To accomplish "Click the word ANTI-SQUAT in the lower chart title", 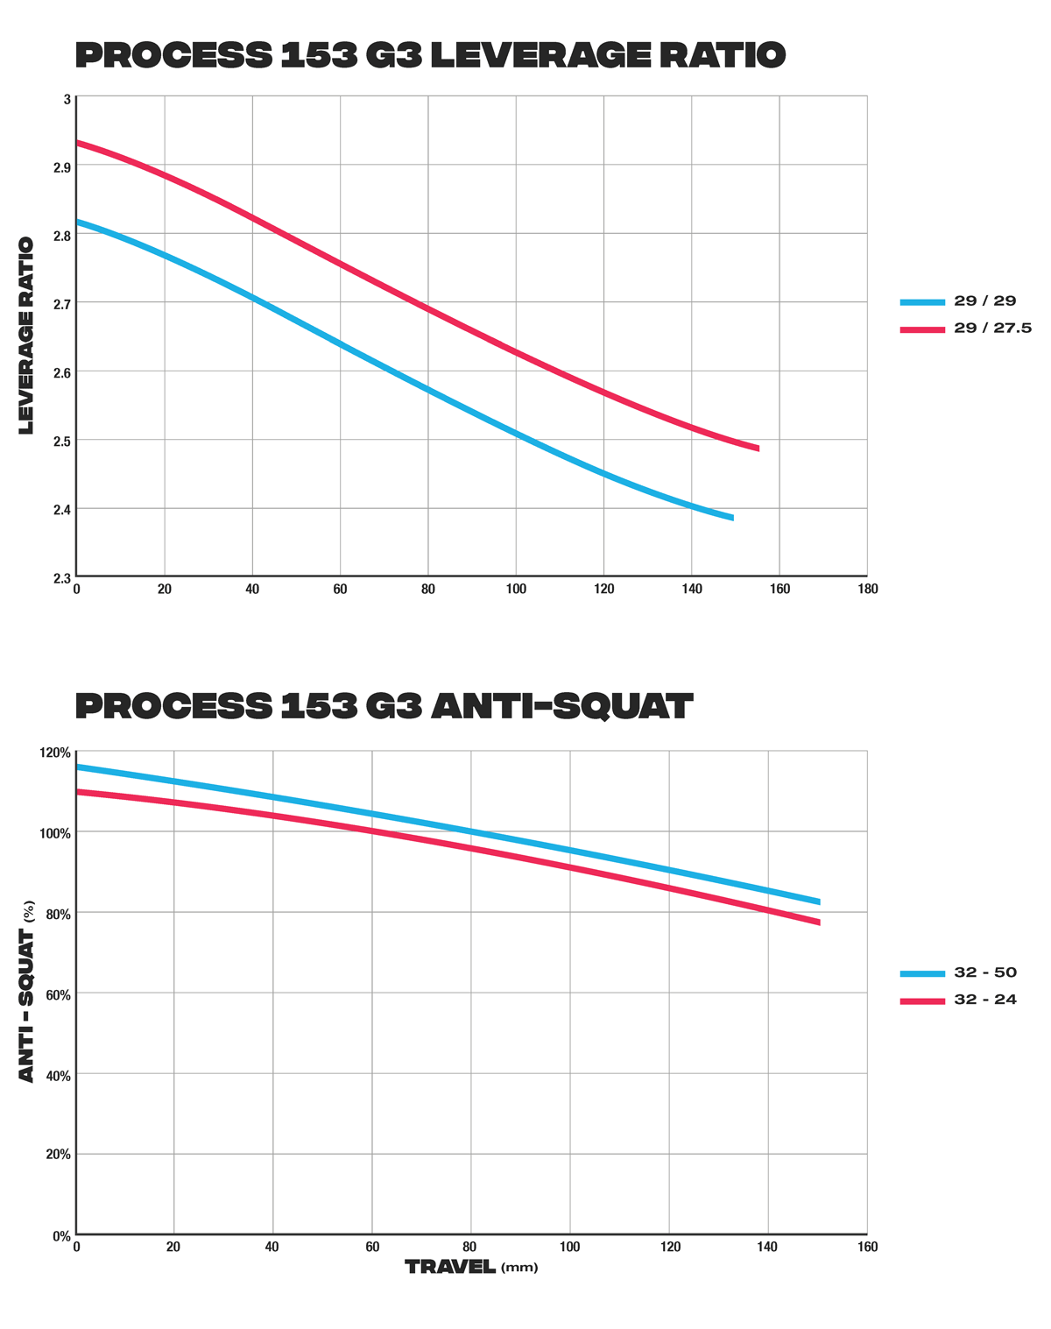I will pyautogui.click(x=561, y=706).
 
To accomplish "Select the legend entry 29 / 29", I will pyautogui.click(x=984, y=301).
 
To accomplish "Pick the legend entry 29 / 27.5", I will pyautogui.click(x=992, y=329).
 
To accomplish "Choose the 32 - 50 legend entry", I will pyautogui.click(x=984, y=972).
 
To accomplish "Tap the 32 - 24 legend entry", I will pyautogui.click(x=984, y=1000).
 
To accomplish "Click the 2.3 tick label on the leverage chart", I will pyautogui.click(x=61, y=578).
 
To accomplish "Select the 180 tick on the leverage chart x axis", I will pyautogui.click(x=867, y=590).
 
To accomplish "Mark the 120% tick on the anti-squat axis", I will pyautogui.click(x=55, y=753).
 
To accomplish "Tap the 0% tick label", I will pyautogui.click(x=61, y=1236).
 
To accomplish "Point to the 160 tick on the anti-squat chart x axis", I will pyautogui.click(x=866, y=1248).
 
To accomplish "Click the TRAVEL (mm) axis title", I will pyautogui.click(x=471, y=1267).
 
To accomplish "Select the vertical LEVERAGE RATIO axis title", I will pyautogui.click(x=26, y=335).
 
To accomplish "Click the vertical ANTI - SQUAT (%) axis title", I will pyautogui.click(x=27, y=991).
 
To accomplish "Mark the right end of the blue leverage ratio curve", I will pyautogui.click(x=731, y=518).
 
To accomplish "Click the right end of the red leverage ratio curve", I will pyautogui.click(x=758, y=448).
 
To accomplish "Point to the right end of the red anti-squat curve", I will pyautogui.click(x=818, y=922).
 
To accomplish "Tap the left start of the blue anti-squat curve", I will pyautogui.click(x=79, y=767).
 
